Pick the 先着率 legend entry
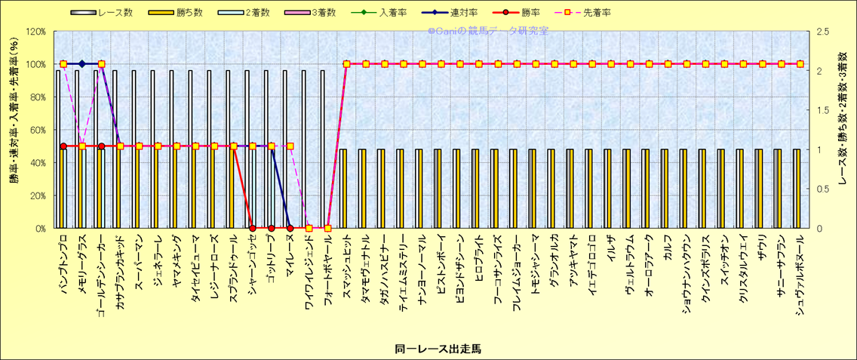(x=597, y=12)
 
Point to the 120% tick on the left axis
(x=35, y=32)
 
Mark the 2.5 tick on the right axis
(x=823, y=32)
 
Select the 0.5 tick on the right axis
(x=823, y=189)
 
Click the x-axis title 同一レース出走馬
(x=438, y=349)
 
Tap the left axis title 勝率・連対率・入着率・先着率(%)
(x=14, y=129)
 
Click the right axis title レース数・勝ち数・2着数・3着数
(x=843, y=129)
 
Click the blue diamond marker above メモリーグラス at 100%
(x=82, y=64)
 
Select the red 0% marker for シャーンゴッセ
(x=252, y=228)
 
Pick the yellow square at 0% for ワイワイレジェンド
(x=309, y=228)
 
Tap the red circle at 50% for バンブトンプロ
(x=63, y=146)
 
